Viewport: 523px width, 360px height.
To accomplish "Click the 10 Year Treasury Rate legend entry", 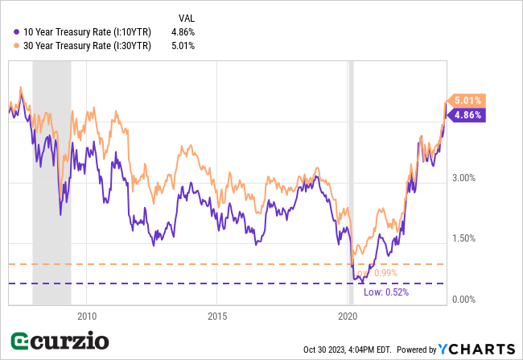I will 84,31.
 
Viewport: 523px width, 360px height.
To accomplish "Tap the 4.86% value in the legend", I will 183,31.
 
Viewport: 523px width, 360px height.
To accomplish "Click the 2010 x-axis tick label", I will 87,316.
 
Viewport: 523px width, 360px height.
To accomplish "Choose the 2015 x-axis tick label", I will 216,316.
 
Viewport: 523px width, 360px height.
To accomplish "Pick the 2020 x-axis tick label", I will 347,316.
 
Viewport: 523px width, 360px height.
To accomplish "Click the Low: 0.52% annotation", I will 386,292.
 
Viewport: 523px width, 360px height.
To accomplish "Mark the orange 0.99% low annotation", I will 385,273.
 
